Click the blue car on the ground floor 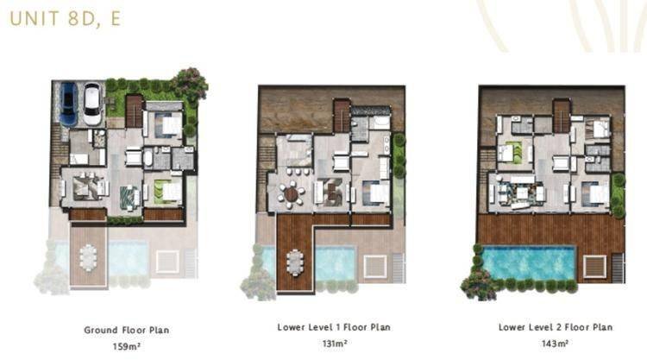[x=69, y=104]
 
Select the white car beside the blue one [x=92, y=104]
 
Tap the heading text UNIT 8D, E [x=66, y=19]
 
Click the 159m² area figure [x=126, y=346]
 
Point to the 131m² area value [x=334, y=344]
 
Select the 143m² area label [x=555, y=344]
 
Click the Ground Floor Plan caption [x=126, y=331]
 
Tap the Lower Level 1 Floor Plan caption [x=334, y=327]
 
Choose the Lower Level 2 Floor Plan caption [x=556, y=327]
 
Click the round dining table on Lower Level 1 [x=292, y=193]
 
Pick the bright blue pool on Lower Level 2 [x=529, y=262]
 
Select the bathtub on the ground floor [x=148, y=158]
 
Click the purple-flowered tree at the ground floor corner [x=191, y=84]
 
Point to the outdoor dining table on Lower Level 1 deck [x=295, y=262]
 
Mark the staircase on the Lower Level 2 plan [x=562, y=116]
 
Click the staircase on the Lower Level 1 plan [x=342, y=116]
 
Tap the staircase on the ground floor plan [x=134, y=111]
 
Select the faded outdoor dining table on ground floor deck [x=88, y=257]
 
